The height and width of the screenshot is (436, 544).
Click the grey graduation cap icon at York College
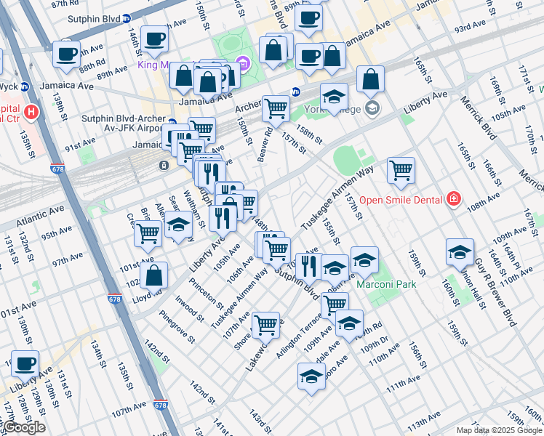tap(372, 109)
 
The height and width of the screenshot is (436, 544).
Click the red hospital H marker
tap(31, 113)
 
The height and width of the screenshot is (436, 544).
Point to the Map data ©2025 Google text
tap(499, 429)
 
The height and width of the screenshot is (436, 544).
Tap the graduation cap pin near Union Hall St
tap(460, 253)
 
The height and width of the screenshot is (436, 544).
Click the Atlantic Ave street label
tap(28, 208)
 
